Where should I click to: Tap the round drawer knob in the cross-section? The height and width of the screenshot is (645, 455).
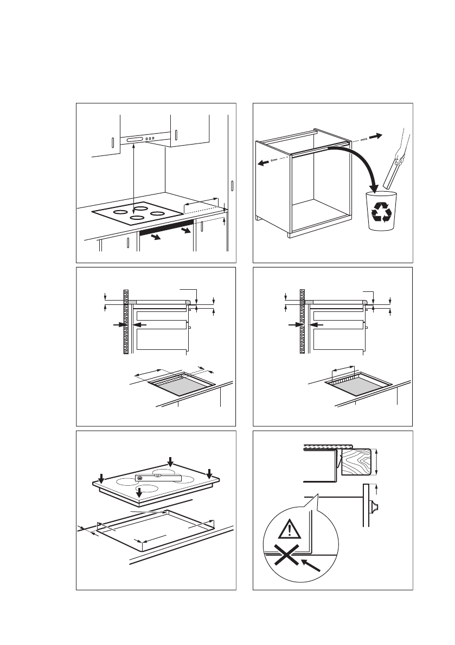click(x=374, y=508)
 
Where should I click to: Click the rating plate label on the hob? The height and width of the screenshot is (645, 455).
click(x=158, y=478)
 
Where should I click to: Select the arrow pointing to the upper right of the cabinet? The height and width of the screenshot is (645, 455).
click(x=374, y=134)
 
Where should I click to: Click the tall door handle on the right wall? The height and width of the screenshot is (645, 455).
click(x=232, y=186)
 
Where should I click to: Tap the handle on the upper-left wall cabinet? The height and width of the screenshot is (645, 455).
click(x=112, y=144)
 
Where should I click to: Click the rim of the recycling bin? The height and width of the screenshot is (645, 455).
click(x=381, y=193)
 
